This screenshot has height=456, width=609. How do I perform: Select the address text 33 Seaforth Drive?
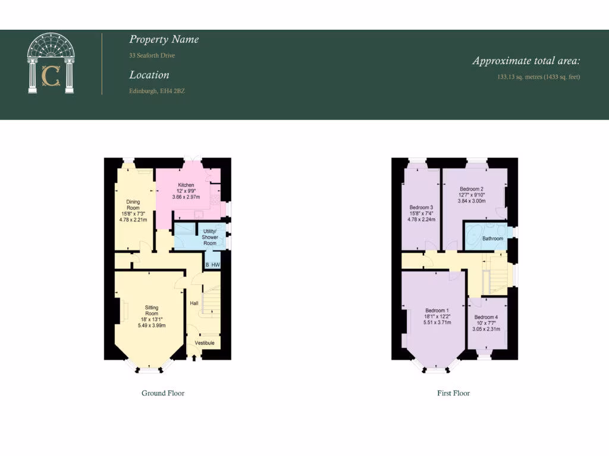pos(152,56)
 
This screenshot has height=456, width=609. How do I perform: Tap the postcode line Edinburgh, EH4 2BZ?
pos(157,91)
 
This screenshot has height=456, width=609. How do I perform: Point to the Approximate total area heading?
pos(526,61)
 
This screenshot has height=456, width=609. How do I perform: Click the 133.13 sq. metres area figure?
pos(538,77)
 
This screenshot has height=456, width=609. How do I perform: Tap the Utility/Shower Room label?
pos(209,237)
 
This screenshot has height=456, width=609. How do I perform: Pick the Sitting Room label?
pos(152,311)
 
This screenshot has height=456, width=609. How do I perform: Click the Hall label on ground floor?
pos(194,303)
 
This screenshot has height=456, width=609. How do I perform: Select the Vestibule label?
pos(205,343)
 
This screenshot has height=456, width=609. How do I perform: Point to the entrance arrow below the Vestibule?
pos(195,357)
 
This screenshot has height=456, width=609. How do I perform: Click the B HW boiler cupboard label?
pos(212,265)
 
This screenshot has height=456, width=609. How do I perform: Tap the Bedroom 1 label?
pos(437,311)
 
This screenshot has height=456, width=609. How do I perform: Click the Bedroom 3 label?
pos(421,207)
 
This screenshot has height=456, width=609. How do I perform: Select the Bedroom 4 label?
pos(486,317)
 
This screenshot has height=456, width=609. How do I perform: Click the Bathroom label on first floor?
pos(493,239)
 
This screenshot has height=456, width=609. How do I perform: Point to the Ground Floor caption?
pos(163,393)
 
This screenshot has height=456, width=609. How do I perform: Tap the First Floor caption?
pos(453,393)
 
